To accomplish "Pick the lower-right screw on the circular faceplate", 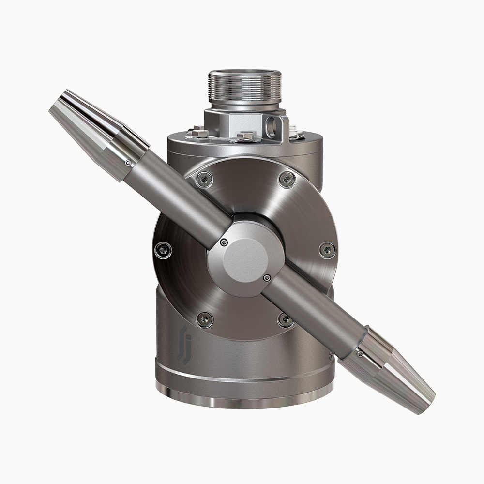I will tap(285, 318).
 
